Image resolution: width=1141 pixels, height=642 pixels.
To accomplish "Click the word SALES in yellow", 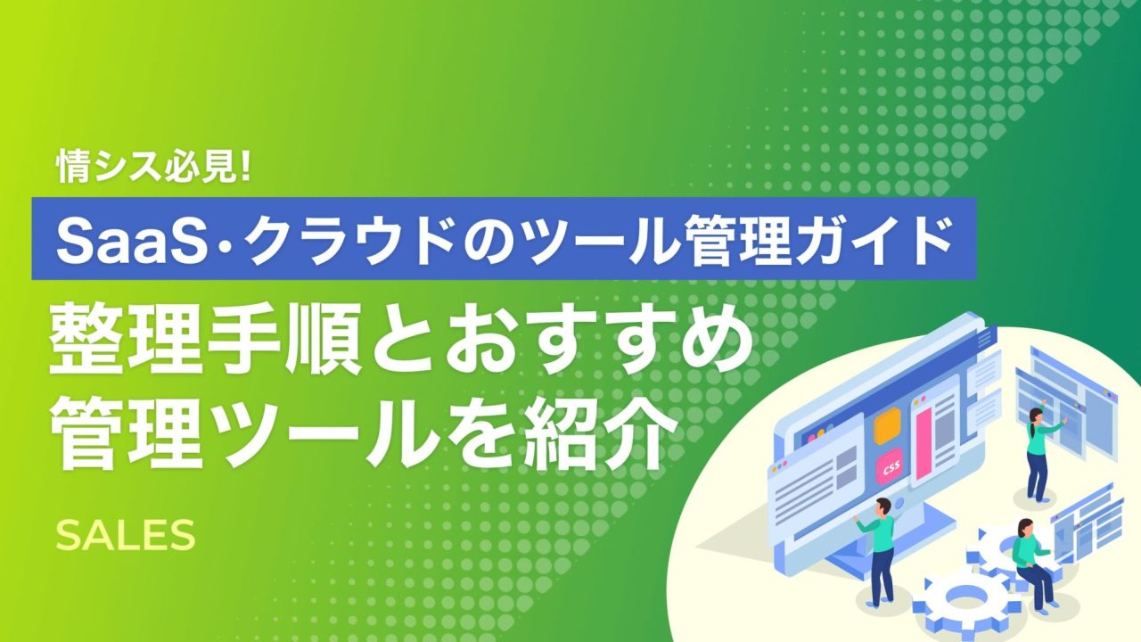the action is (x=126, y=535).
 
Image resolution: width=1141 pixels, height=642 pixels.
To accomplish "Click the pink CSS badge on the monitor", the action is (x=890, y=467).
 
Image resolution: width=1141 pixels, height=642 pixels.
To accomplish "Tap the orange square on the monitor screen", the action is (x=887, y=426).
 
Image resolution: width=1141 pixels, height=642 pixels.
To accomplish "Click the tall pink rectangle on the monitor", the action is (x=923, y=444).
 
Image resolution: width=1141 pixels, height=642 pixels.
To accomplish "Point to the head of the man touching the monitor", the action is (x=882, y=507).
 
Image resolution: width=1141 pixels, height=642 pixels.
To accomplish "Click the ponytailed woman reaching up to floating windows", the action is (x=1039, y=454).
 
